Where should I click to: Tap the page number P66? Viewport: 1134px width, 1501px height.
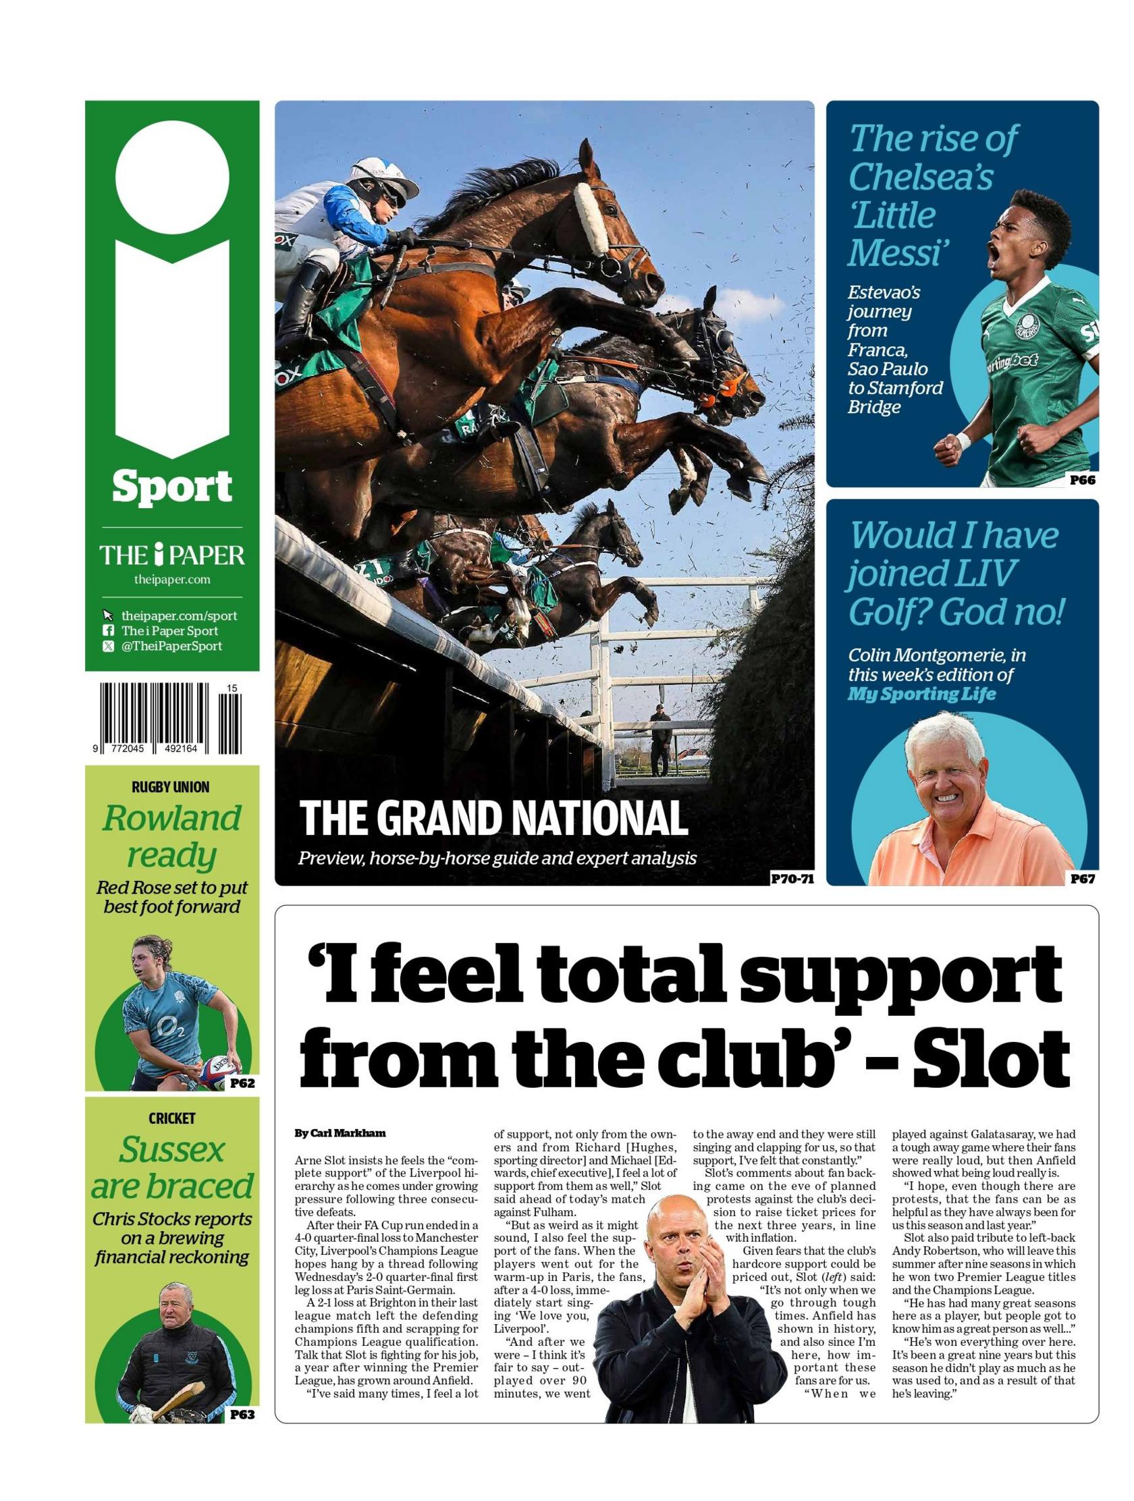pyautogui.click(x=1082, y=480)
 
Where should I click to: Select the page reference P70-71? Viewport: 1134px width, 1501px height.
pyautogui.click(x=791, y=879)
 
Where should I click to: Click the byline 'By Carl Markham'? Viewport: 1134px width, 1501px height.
pyautogui.click(x=340, y=1132)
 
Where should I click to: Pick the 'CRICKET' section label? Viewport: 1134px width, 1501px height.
pyautogui.click(x=171, y=1118)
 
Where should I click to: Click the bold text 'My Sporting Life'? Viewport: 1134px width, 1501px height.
pyautogui.click(x=921, y=694)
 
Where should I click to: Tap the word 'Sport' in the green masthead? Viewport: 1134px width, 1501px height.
pyautogui.click(x=171, y=487)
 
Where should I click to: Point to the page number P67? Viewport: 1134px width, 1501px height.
pyautogui.click(x=1082, y=879)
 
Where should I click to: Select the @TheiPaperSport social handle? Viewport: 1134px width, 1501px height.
pyautogui.click(x=171, y=645)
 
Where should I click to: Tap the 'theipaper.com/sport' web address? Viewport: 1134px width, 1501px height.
pyautogui.click(x=179, y=616)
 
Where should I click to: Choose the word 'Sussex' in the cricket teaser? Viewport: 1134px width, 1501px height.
pyautogui.click(x=171, y=1149)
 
